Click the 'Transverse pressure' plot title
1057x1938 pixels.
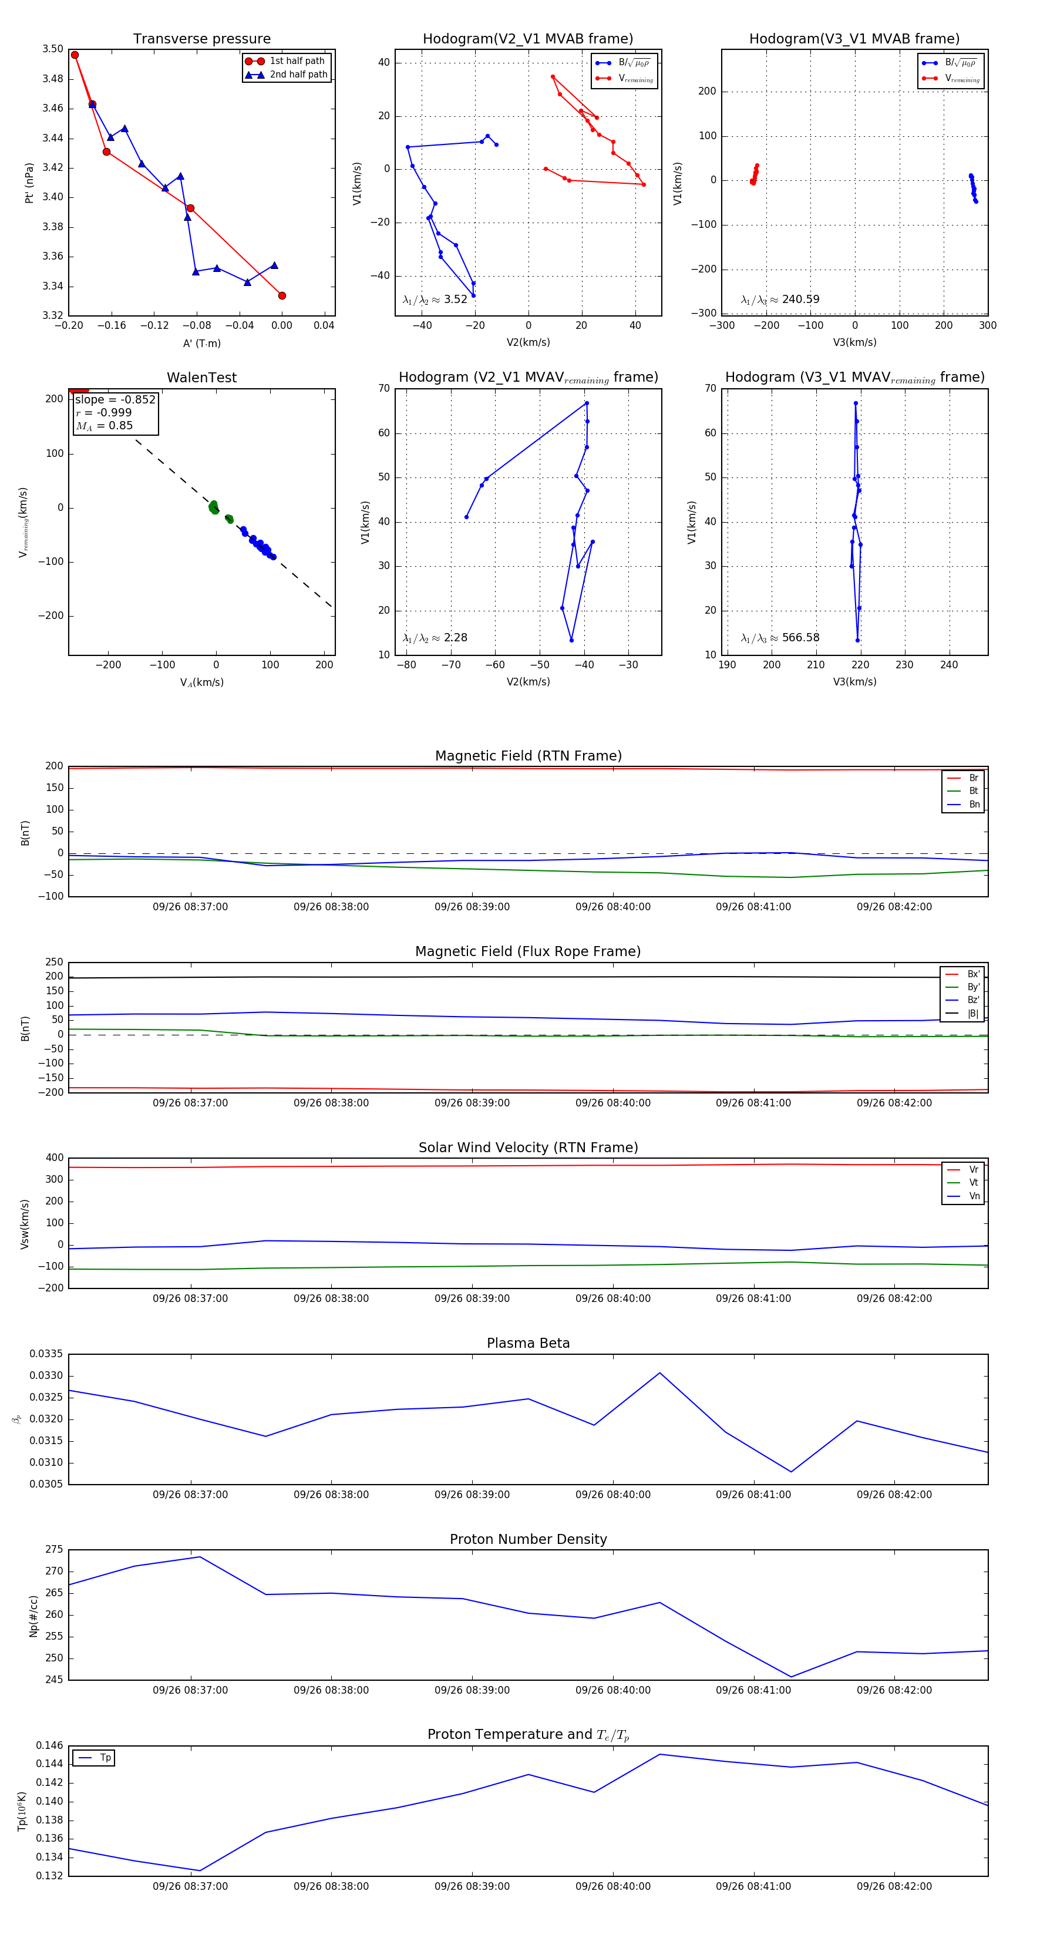[201, 39]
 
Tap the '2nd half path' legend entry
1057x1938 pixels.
[298, 75]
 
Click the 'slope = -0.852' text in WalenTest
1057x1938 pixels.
[115, 399]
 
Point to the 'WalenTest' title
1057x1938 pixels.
[201, 378]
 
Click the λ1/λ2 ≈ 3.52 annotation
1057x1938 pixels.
[435, 300]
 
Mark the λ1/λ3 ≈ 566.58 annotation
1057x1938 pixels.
[780, 638]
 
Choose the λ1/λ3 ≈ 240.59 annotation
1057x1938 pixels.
[780, 300]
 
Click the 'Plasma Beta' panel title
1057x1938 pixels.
[528, 1343]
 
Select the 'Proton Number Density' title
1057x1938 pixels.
[528, 1539]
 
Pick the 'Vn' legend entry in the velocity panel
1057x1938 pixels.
[974, 1196]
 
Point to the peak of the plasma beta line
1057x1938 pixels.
[660, 1373]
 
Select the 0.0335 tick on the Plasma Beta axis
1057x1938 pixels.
[46, 1354]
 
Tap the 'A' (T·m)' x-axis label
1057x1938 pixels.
[201, 343]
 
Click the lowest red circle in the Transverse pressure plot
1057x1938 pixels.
[282, 295]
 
